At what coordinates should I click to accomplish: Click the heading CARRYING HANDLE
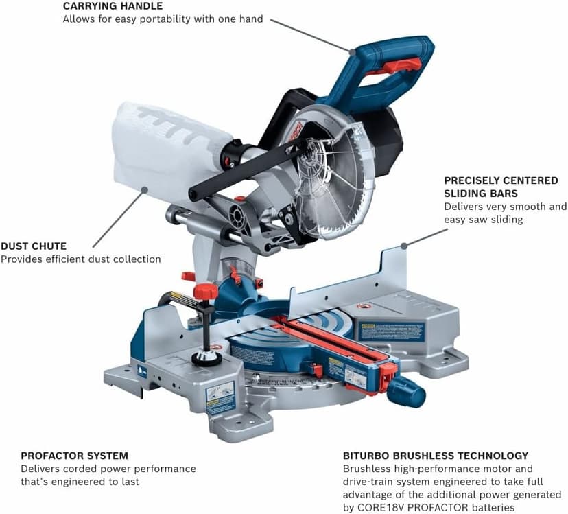[113, 6]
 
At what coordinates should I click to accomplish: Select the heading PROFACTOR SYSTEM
[74, 456]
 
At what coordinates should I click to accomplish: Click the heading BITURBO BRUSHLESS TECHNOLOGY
[435, 456]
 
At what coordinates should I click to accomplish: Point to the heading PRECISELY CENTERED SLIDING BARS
[501, 187]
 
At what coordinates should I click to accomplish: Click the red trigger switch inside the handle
[403, 66]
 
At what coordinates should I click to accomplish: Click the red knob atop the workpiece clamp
[205, 291]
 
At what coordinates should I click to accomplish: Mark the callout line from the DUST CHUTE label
[118, 218]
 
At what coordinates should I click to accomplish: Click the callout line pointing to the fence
[425, 237]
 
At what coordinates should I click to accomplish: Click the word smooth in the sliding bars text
[529, 207]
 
